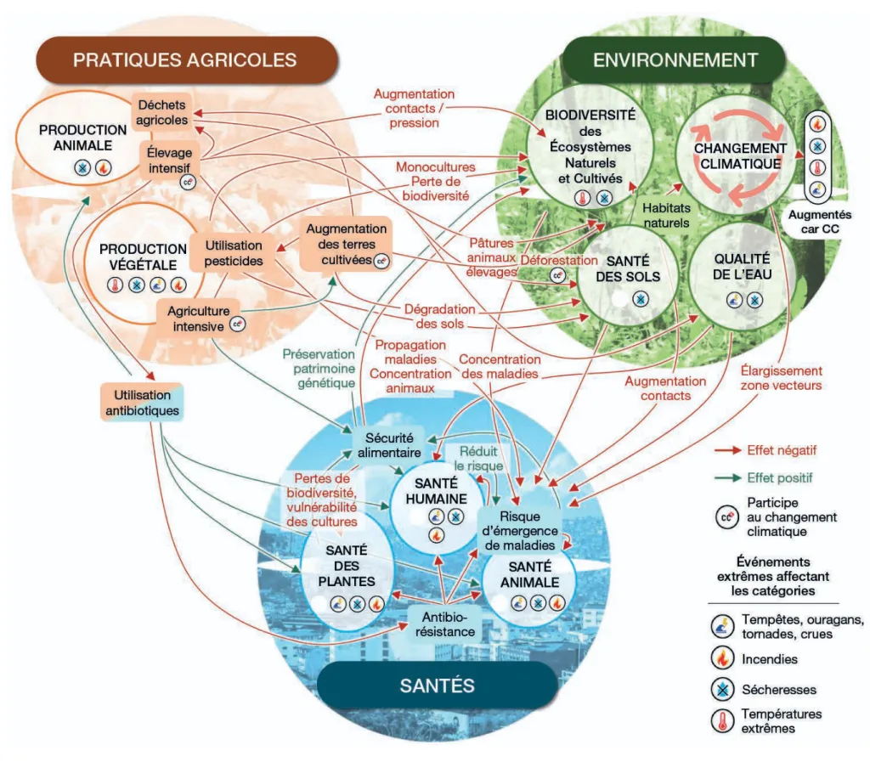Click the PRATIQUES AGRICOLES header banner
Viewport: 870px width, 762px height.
click(x=184, y=59)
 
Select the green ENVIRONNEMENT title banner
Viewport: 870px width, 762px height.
click(x=675, y=59)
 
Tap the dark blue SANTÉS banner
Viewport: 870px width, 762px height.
click(x=439, y=685)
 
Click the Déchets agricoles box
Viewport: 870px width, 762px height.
click(x=162, y=112)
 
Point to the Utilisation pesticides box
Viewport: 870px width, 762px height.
click(x=233, y=252)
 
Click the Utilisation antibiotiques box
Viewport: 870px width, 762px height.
click(x=141, y=403)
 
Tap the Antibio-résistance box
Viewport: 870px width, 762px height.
click(x=442, y=624)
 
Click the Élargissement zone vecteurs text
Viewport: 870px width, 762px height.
click(x=781, y=378)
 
